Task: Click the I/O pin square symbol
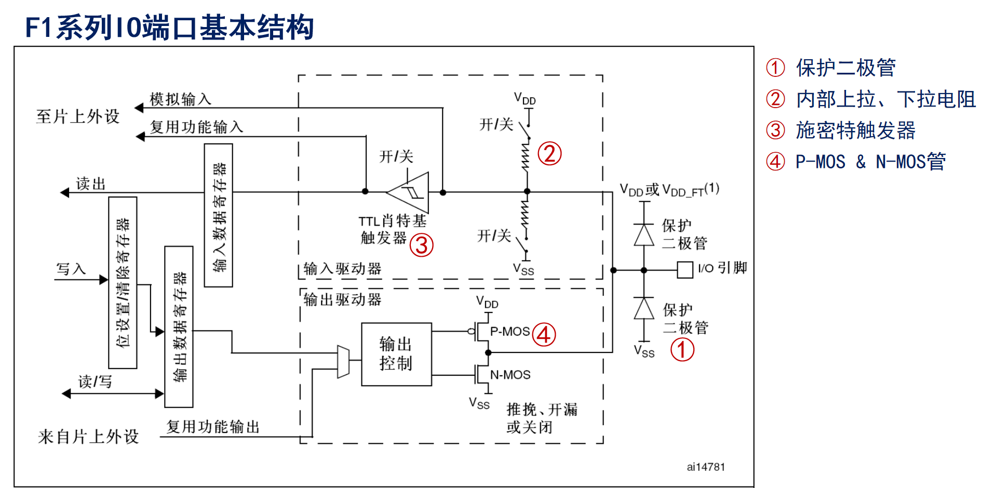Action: [685, 270]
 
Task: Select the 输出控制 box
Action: [396, 354]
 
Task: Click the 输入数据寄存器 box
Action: [219, 215]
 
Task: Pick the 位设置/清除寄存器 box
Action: [123, 283]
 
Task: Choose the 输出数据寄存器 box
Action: [179, 327]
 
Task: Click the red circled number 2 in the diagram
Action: [549, 154]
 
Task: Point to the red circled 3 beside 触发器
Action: [421, 245]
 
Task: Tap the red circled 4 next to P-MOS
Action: [544, 335]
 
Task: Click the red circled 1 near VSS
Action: [682, 349]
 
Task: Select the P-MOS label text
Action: [510, 332]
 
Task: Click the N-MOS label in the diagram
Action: [511, 375]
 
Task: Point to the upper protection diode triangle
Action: [644, 234]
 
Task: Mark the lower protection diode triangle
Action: [644, 308]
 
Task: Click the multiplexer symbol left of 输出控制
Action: [343, 362]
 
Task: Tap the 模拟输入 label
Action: [180, 99]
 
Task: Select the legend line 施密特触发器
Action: [855, 130]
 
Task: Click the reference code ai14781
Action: [706, 467]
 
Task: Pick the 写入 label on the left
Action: [71, 269]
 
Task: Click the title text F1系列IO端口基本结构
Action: [169, 28]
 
